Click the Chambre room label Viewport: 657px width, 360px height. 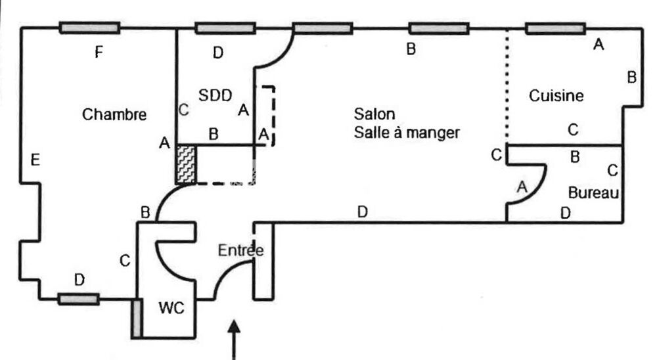coord(114,114)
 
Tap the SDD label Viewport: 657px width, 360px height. coord(216,95)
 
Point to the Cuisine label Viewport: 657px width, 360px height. coord(556,96)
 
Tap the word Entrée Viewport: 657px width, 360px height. coord(241,250)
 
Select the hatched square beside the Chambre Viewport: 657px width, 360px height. coord(186,165)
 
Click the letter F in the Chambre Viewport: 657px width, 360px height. coord(99,53)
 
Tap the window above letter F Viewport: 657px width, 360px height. coord(89,28)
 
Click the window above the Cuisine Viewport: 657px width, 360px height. coord(555,28)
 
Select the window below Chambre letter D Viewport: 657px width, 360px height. coord(78,299)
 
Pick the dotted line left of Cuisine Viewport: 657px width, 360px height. coord(507,85)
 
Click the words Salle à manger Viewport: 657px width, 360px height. coord(406,132)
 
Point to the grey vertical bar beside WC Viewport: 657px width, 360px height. coord(136,319)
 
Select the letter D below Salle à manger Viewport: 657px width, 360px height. coord(362,212)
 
